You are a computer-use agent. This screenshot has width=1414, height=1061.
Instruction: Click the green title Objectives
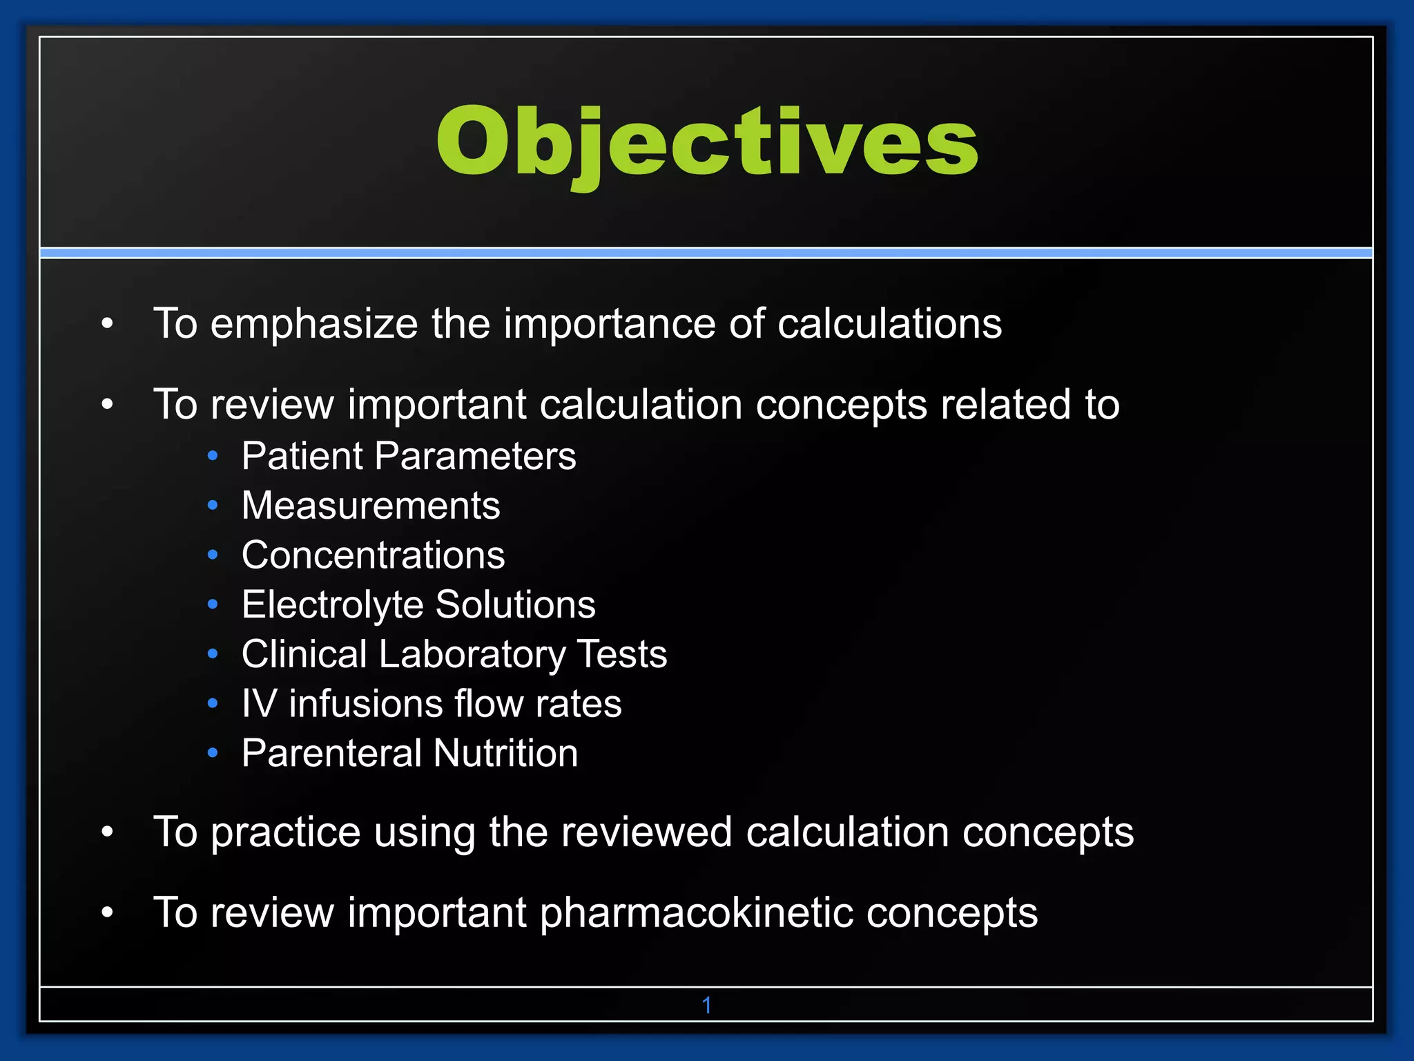coord(707,143)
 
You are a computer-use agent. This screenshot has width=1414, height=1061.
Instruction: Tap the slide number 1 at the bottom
coord(706,1005)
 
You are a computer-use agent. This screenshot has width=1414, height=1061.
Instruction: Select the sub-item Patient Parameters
coord(409,456)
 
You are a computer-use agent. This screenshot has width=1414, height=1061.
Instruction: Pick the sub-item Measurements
coord(371,506)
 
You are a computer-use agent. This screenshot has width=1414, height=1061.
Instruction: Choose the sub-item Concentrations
coord(373,555)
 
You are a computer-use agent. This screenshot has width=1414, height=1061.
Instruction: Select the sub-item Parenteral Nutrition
coord(409,753)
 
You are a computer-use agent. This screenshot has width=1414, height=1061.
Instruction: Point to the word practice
coord(285,832)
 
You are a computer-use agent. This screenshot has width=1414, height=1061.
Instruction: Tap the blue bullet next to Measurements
coord(213,506)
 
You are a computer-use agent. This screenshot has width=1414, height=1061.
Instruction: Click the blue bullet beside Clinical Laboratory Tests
coord(213,654)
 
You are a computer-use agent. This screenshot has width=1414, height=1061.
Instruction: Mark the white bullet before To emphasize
coord(107,323)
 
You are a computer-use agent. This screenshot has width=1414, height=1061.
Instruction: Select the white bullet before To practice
coord(107,832)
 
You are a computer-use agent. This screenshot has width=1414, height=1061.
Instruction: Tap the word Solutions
coord(515,605)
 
